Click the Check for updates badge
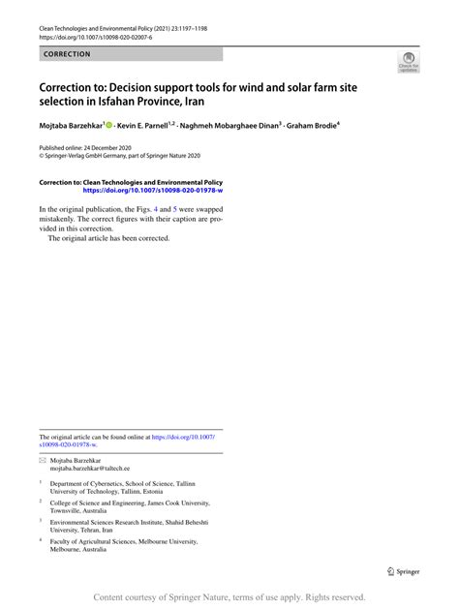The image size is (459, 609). point(408,65)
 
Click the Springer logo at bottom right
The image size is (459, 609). point(403,571)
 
